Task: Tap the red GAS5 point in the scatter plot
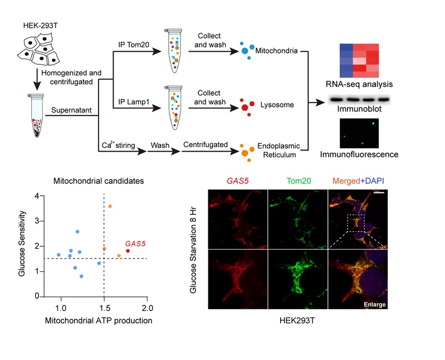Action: (x=128, y=251)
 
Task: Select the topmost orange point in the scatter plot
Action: (x=110, y=207)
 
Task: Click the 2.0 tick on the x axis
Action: (x=146, y=308)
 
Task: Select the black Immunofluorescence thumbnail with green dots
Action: (x=360, y=133)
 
